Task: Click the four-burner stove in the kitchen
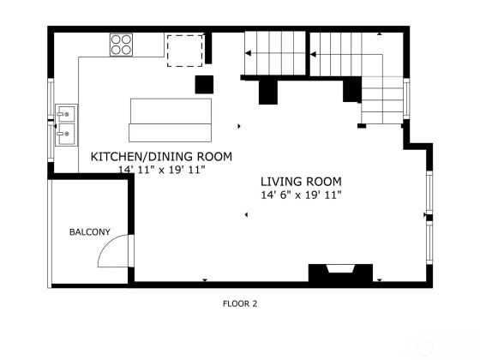pos(121,45)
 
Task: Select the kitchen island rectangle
pos(171,120)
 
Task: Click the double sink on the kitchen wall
pos(67,125)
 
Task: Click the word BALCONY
pos(90,232)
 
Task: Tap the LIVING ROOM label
pos(301,182)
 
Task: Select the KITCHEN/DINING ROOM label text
pos(161,157)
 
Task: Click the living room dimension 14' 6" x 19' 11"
pos(301,195)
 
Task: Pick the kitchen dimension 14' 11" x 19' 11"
pos(161,170)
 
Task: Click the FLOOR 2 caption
pos(240,303)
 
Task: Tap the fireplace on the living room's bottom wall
pos(340,273)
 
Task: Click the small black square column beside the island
pos(204,85)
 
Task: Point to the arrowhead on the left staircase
pos(249,53)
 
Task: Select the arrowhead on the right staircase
pos(313,55)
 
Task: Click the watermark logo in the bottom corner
pos(424,347)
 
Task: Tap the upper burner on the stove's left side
pos(116,39)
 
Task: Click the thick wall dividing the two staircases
pos(308,53)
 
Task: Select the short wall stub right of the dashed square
pos(208,48)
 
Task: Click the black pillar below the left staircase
pos(268,93)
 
